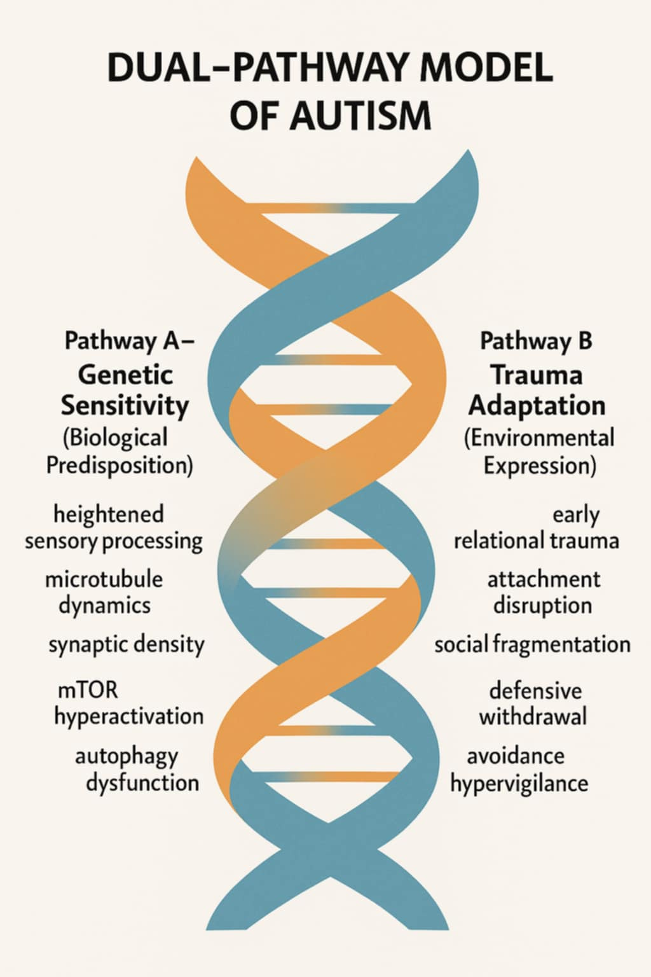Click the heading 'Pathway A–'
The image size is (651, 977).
click(x=129, y=341)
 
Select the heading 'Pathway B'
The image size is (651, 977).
click(x=536, y=341)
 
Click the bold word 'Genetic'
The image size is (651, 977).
click(x=125, y=374)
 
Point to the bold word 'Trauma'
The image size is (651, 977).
click(x=536, y=375)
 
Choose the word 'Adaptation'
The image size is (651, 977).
click(x=537, y=405)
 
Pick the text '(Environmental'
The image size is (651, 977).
click(x=539, y=438)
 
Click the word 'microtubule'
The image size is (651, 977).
click(x=104, y=579)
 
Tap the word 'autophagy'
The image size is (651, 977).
click(x=127, y=756)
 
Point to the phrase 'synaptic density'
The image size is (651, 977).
click(x=127, y=644)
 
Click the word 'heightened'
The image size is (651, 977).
click(x=109, y=514)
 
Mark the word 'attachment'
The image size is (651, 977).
click(x=544, y=579)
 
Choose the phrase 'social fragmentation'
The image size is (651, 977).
click(x=532, y=644)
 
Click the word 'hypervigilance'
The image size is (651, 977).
click(x=519, y=783)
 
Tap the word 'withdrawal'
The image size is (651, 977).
click(x=533, y=717)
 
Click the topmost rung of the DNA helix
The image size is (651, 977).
click(x=331, y=208)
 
